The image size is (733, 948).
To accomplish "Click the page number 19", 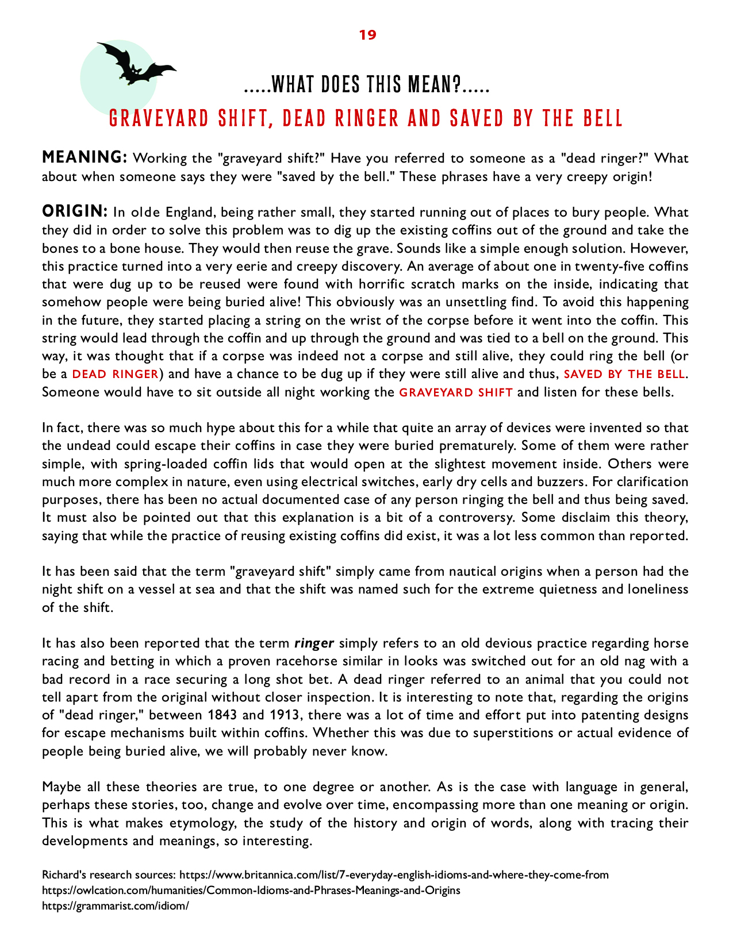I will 367,35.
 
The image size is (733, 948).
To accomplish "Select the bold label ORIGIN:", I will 75,211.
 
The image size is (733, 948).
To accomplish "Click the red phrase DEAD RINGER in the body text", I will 115,374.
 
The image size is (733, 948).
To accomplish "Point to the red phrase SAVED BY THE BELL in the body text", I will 624,374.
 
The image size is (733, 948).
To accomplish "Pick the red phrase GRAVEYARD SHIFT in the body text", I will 456,392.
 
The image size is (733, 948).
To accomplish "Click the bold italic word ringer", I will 314,643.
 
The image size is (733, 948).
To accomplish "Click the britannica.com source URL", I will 394,875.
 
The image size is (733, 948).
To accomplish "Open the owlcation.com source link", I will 251,891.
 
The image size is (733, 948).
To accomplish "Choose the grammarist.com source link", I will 116,906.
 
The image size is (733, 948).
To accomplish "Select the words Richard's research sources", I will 109,875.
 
